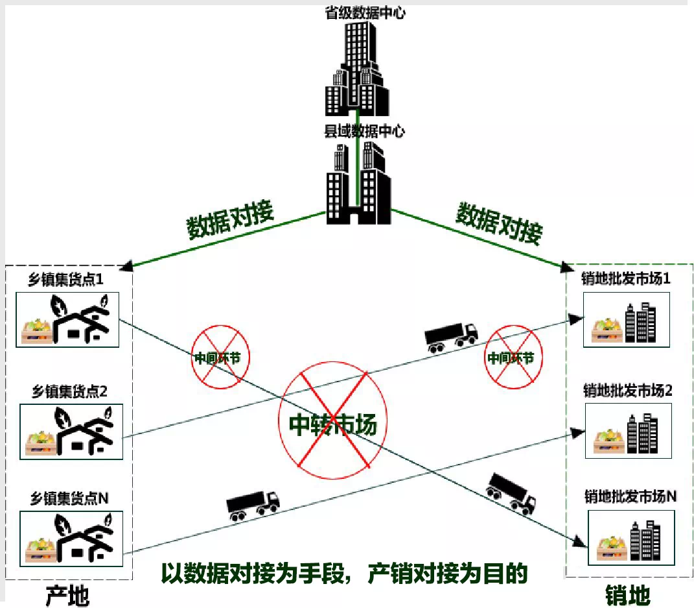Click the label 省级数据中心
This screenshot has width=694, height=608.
coord(365,12)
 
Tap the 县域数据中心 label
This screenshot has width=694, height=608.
coord(364,132)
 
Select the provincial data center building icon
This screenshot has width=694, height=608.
coord(357,68)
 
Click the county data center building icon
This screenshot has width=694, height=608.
coord(358,185)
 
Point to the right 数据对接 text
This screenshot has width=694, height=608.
coord(498,223)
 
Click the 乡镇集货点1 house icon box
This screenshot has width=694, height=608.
coord(67,320)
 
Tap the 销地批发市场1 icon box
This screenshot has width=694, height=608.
coord(625,320)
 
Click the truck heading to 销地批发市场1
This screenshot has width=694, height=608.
coord(450,337)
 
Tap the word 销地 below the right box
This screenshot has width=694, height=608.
coord(627,594)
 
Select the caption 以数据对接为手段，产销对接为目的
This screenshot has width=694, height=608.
coord(343,574)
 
